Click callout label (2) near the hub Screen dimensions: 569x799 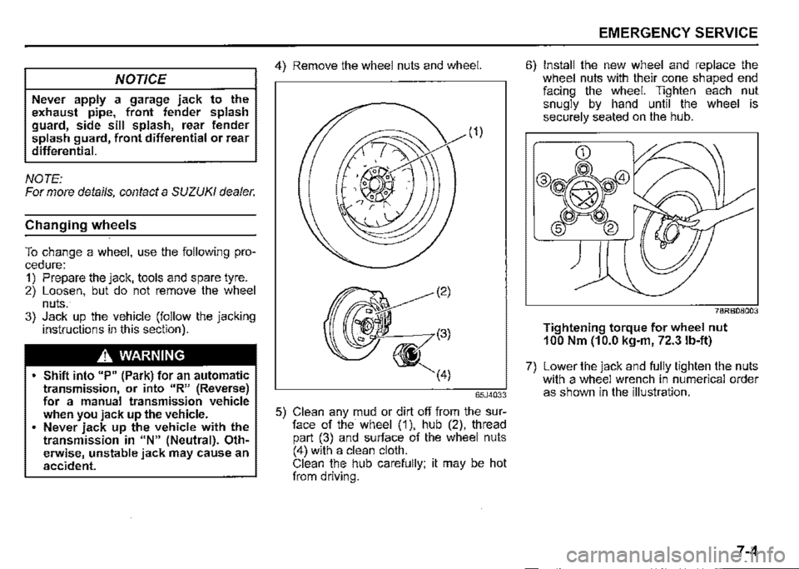tap(468, 292)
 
